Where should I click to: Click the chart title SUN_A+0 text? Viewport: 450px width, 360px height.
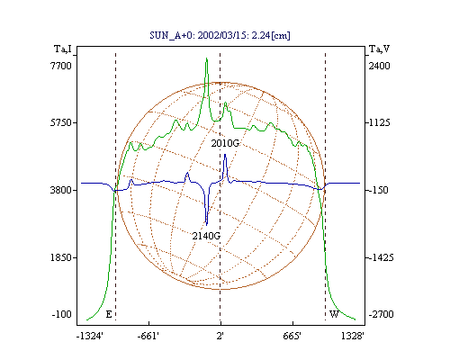point(220,36)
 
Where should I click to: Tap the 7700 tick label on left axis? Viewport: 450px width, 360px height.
point(61,66)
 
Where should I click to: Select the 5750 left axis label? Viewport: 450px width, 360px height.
point(61,122)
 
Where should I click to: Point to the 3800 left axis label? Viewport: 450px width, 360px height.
point(61,190)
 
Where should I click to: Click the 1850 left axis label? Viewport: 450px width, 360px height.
point(61,257)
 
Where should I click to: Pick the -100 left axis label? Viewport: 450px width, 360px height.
point(62,314)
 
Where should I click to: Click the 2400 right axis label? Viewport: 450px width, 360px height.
point(380,66)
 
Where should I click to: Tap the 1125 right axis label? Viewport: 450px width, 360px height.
point(380,122)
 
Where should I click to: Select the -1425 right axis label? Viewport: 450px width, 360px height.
point(381,257)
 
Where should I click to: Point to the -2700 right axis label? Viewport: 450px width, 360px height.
point(381,314)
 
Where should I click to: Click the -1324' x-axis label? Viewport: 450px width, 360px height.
point(90,337)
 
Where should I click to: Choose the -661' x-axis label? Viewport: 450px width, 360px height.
point(148,337)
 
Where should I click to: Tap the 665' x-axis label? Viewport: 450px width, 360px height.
point(292,337)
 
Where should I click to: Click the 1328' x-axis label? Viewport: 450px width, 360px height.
point(353,337)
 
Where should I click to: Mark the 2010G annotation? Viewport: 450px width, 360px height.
point(225,143)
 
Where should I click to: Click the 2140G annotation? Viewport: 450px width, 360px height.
point(206,236)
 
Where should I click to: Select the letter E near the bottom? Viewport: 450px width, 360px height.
point(109,314)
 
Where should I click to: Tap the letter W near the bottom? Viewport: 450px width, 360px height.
point(334,314)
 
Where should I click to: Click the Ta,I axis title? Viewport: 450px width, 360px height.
point(63,49)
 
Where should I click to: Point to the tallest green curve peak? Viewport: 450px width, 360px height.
point(206,58)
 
